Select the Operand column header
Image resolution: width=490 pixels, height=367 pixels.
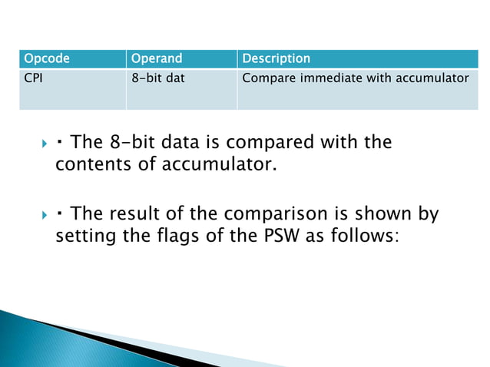click(x=157, y=59)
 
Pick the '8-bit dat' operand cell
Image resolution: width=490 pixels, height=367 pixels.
click(x=158, y=78)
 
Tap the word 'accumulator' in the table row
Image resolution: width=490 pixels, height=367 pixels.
click(x=431, y=78)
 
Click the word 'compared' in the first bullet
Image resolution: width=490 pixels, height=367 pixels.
click(x=296, y=143)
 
